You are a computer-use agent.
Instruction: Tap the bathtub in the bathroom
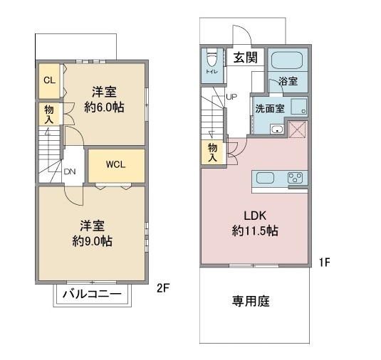[287, 60]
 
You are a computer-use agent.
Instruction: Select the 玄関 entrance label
[246, 58]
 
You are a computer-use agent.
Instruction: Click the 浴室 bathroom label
[288, 81]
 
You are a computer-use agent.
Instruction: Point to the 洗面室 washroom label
[270, 109]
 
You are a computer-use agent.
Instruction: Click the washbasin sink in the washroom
[277, 129]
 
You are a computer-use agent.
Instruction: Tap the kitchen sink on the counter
[265, 178]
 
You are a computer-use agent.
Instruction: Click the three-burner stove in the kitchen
[296, 178]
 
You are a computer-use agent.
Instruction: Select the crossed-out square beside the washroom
[298, 129]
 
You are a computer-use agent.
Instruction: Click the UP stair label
[231, 97]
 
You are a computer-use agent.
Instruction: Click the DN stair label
[70, 171]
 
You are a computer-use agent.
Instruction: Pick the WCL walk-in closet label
[115, 164]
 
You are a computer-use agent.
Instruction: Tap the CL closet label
[49, 80]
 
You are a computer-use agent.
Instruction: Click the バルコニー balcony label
[92, 295]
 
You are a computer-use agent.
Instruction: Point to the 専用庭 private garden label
[251, 301]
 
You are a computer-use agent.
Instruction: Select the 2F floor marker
[163, 288]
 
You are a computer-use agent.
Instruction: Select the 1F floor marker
[325, 262]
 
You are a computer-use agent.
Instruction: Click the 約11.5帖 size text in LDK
[255, 231]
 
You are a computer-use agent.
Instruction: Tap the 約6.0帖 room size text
[104, 107]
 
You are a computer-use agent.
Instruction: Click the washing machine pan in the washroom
[299, 106]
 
